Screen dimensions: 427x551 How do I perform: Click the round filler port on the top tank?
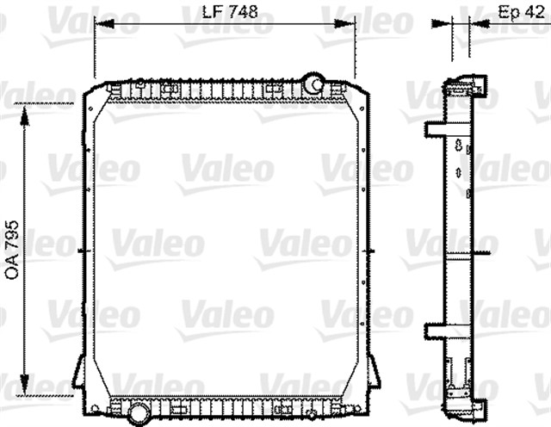pyautogui.click(x=313, y=84)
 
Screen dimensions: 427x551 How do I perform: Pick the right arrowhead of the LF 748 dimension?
pyautogui.click(x=351, y=25)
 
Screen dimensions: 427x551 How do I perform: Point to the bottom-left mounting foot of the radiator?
pyautogui.click(x=79, y=374)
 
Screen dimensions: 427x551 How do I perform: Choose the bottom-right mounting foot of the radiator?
pyautogui.click(x=374, y=374)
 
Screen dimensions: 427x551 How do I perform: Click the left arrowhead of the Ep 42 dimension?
pyautogui.click(x=451, y=25)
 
